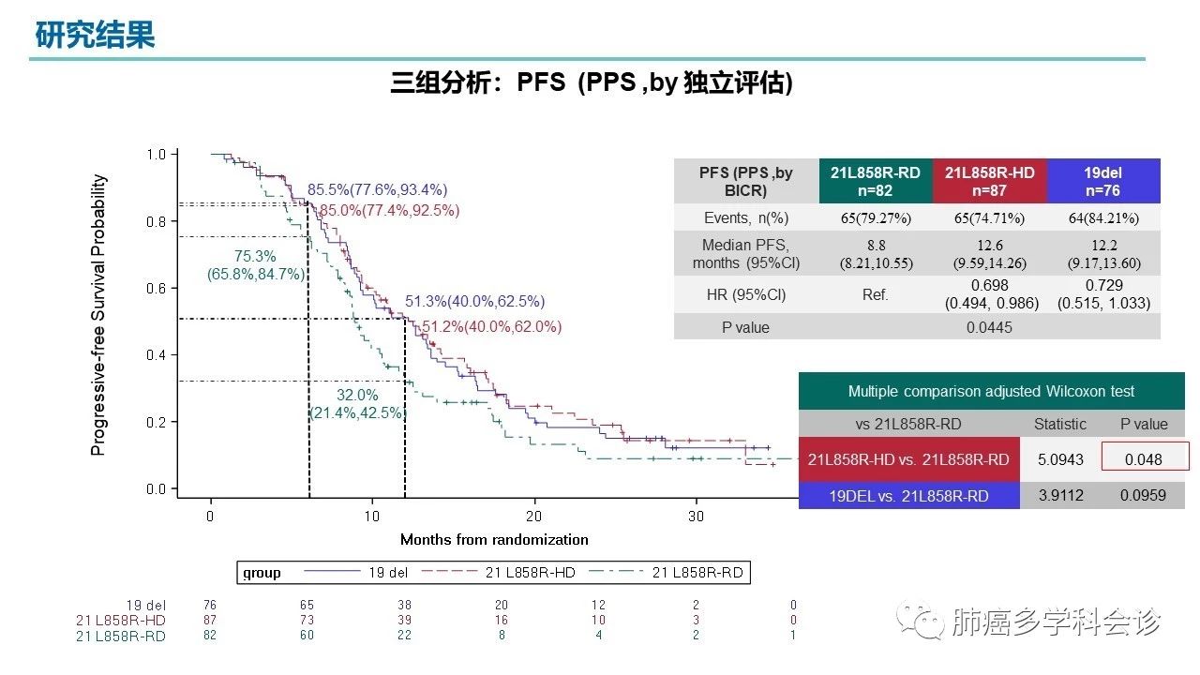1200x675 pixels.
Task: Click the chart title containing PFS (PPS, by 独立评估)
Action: point(592,83)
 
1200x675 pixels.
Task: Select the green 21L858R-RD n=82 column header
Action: point(875,181)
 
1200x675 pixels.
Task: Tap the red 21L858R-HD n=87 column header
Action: point(989,181)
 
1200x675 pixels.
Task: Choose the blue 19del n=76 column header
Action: point(1103,181)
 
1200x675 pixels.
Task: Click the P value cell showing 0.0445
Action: point(989,327)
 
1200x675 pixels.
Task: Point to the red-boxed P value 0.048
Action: point(1144,459)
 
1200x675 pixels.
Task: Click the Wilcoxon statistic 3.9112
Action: point(1059,495)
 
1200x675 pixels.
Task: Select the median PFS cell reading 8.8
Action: point(875,246)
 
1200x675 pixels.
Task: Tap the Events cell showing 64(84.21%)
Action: point(1103,218)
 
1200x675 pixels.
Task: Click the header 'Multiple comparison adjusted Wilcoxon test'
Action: point(991,391)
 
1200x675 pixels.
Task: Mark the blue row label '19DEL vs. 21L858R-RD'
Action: point(908,495)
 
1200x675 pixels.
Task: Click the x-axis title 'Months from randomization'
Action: point(494,539)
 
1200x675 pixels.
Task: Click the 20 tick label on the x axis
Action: point(534,516)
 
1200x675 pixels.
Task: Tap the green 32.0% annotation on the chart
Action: point(357,395)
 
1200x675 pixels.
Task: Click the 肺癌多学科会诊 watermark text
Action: point(1056,622)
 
